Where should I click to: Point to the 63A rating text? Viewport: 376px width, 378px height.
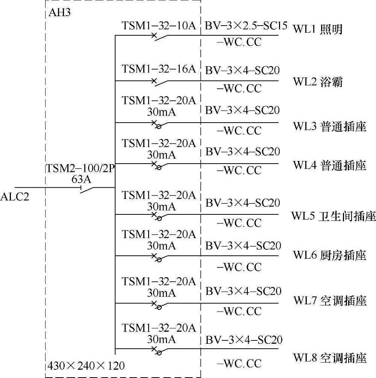(82, 179)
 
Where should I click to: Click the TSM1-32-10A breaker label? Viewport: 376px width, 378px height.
(159, 26)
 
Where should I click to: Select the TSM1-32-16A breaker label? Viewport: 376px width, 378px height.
(159, 69)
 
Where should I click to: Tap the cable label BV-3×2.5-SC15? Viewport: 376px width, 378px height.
(246, 27)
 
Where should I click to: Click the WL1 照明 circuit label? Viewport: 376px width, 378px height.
(318, 29)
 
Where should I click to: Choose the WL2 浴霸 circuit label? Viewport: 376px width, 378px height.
(318, 82)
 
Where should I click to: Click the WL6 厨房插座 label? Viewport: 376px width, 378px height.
(330, 256)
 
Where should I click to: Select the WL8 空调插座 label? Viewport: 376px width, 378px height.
(330, 358)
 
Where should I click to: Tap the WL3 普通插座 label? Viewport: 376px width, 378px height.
(330, 127)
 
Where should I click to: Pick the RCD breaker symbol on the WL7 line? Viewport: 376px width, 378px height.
(157, 305)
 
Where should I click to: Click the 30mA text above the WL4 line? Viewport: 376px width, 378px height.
(161, 153)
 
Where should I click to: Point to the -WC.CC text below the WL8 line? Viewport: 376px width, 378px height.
(239, 364)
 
